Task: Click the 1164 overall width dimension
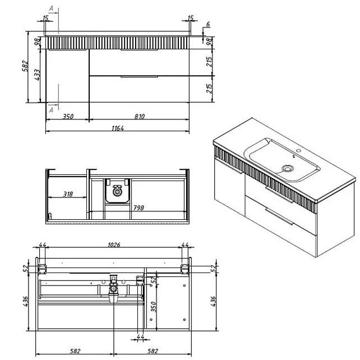tap(118, 128)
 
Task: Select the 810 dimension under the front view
tap(140, 117)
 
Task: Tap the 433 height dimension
tap(37, 75)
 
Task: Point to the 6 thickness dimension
tap(208, 24)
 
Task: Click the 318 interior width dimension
tap(68, 194)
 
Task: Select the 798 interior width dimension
tap(139, 208)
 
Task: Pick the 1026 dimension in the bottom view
tap(114, 244)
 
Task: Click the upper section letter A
tap(51, 8)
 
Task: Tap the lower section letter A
tap(51, 110)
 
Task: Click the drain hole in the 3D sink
tap(288, 169)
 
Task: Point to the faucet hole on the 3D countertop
tap(298, 151)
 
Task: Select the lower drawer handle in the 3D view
tap(279, 216)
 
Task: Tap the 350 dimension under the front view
tap(68, 117)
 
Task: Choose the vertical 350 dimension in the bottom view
tap(154, 307)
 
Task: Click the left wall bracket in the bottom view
tap(42, 269)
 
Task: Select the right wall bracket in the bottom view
tap(185, 269)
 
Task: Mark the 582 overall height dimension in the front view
tap(25, 66)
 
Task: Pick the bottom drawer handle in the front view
tap(140, 76)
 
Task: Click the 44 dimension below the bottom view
tap(140, 337)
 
